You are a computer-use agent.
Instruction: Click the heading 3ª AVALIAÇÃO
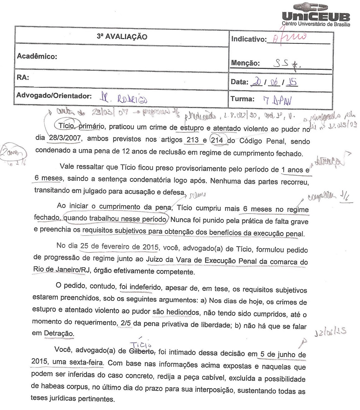[x=122, y=37]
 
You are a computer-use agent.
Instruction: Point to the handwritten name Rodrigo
[x=132, y=99]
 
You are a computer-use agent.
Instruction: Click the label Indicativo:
[x=249, y=39]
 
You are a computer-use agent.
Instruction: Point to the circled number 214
[x=217, y=140]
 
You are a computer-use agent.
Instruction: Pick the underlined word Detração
[x=59, y=333]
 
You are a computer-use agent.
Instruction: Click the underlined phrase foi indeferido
[x=140, y=287]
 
